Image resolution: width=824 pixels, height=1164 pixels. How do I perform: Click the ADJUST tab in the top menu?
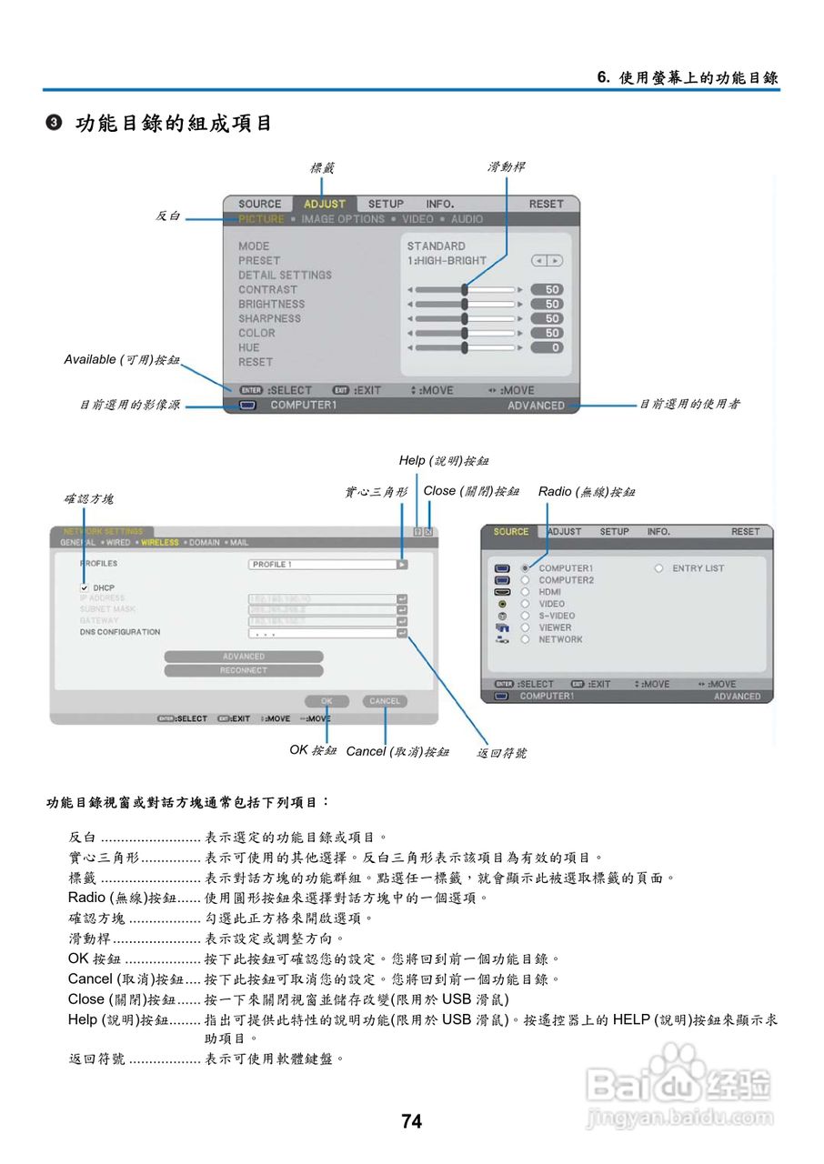click(325, 204)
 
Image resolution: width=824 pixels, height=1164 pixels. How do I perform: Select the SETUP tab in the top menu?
click(386, 204)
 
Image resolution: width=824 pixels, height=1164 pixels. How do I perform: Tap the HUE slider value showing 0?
click(553, 347)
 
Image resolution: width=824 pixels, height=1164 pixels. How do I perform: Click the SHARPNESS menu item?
click(269, 318)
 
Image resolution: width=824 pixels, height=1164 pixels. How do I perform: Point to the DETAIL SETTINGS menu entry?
click(285, 275)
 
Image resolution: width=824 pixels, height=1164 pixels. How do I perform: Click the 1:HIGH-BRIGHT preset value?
click(447, 260)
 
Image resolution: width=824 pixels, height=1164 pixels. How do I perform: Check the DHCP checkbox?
click(85, 587)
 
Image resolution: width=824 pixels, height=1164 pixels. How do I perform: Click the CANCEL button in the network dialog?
click(385, 701)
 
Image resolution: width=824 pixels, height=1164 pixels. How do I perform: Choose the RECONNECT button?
click(244, 670)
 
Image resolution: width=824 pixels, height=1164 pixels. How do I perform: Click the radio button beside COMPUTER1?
click(525, 568)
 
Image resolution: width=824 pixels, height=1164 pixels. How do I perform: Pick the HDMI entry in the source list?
click(551, 592)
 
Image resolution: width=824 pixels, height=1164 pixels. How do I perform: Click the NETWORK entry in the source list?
click(560, 639)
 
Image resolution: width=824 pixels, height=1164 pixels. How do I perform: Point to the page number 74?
click(411, 1121)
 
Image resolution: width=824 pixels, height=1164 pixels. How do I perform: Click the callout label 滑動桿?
click(506, 167)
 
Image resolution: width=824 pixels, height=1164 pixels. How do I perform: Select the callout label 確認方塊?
click(88, 499)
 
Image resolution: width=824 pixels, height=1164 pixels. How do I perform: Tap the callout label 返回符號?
click(502, 753)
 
